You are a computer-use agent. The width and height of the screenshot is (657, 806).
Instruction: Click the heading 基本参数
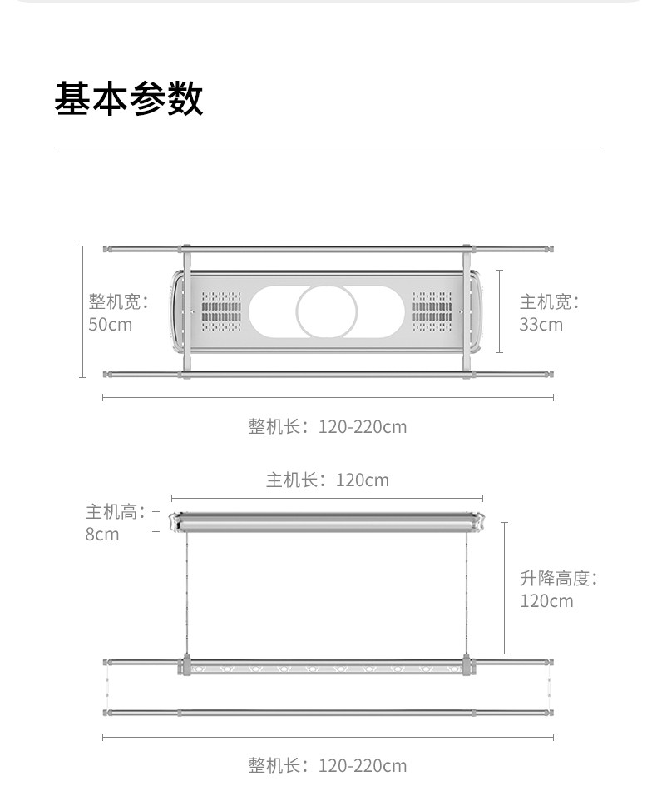tap(129, 98)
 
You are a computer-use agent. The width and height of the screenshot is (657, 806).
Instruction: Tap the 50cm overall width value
tap(111, 324)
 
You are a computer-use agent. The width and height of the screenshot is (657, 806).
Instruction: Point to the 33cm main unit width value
tap(541, 324)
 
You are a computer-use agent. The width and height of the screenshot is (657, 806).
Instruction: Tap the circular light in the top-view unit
tap(327, 311)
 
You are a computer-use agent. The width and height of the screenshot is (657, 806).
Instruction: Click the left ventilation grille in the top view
tap(220, 311)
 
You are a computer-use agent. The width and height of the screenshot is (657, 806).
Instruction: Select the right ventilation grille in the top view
tap(433, 311)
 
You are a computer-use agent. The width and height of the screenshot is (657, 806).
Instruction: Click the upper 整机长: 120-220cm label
tap(328, 426)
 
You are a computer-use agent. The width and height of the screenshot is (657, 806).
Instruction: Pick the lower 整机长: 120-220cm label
tap(328, 765)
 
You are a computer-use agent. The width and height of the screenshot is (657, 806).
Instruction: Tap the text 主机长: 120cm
tap(328, 480)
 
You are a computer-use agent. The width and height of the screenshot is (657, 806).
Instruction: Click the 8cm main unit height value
tap(102, 534)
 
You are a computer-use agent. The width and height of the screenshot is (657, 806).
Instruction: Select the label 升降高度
tap(558, 578)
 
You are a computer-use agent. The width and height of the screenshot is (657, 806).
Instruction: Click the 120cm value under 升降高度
tap(547, 600)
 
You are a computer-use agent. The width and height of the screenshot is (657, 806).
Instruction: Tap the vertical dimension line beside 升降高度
tap(504, 588)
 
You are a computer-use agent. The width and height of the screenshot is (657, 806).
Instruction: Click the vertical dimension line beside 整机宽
tap(82, 311)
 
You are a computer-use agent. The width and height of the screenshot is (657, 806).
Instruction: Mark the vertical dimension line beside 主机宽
tap(500, 311)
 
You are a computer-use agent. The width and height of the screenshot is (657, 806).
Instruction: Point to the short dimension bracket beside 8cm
tap(156, 522)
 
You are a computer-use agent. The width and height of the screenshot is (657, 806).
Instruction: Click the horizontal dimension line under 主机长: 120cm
tap(327, 498)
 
